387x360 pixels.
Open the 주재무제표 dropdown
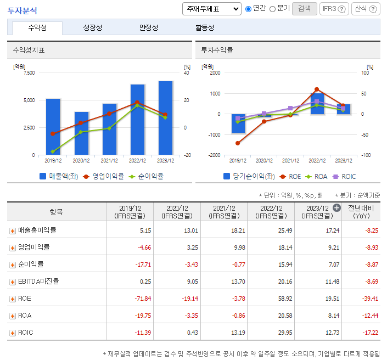tap(211, 9)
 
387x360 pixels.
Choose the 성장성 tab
tap(92, 27)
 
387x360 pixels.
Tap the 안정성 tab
tap(149, 27)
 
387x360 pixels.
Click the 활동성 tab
tap(205, 27)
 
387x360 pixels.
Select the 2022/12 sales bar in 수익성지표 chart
tap(137, 120)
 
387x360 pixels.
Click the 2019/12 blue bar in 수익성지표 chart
tap(53, 127)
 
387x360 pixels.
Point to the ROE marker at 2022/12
tap(317, 89)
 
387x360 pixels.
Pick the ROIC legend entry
tap(344, 177)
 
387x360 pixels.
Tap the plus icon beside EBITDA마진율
tap(13, 282)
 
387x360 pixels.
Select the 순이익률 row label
tap(31, 265)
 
